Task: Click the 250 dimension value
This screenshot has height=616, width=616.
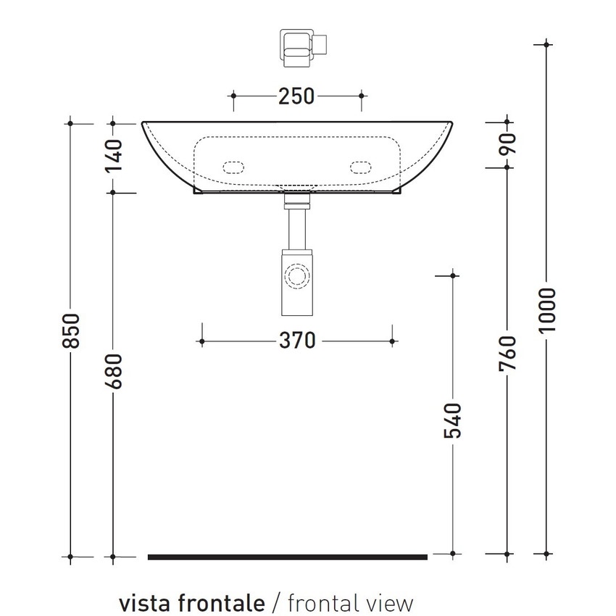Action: (x=297, y=96)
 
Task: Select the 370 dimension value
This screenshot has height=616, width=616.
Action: (x=297, y=340)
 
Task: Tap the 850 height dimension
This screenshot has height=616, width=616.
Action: (x=70, y=330)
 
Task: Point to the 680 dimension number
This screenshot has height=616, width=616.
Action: (x=113, y=371)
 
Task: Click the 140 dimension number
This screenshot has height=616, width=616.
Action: (x=113, y=156)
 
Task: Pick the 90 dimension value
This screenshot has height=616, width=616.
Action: (x=507, y=144)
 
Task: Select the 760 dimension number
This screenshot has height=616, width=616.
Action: (x=507, y=354)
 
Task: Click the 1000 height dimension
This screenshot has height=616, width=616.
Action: (x=547, y=310)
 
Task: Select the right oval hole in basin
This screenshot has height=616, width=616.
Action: (x=360, y=167)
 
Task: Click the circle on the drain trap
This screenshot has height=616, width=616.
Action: (x=296, y=277)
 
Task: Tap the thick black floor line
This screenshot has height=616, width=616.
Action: (x=288, y=557)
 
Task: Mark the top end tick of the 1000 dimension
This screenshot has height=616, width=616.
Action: (x=547, y=44)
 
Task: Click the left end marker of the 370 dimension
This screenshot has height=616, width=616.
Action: (x=202, y=341)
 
